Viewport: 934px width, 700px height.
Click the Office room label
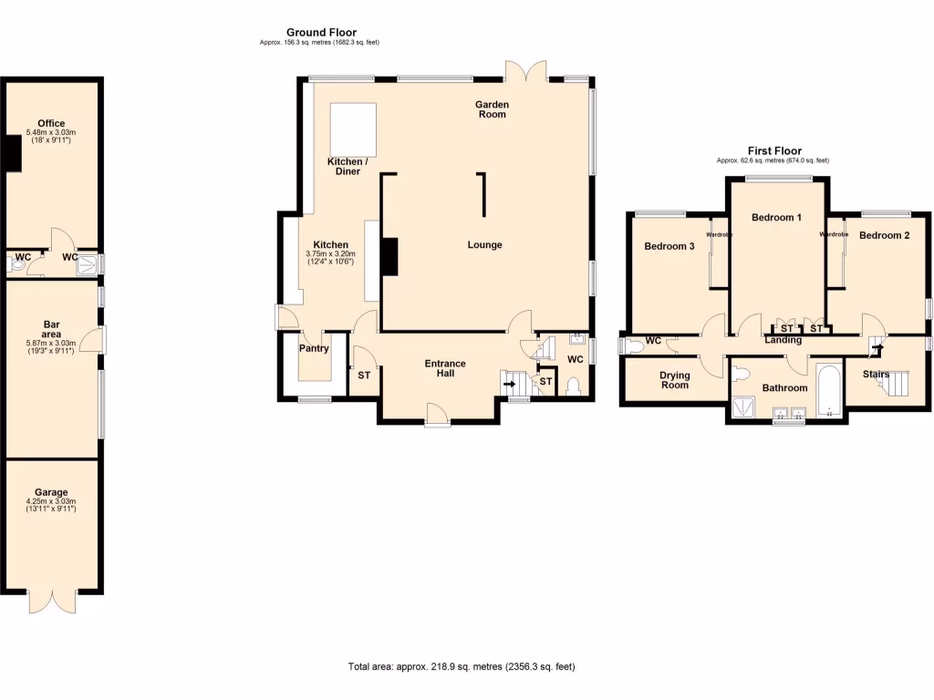pos(51,124)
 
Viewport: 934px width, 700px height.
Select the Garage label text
pos(51,492)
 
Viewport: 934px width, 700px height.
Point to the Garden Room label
pos(492,109)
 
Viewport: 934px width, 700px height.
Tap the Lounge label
pos(484,245)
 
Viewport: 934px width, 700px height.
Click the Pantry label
pos(314,348)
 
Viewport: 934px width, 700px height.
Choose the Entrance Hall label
pos(445,369)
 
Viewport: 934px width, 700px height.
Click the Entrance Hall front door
pos(438,417)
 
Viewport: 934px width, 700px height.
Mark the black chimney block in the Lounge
pos(390,256)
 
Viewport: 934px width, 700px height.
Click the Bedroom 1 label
pos(776,218)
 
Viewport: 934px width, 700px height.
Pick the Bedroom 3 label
pos(669,246)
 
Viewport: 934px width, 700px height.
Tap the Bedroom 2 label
pos(884,236)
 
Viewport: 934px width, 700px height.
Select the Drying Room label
pos(675,380)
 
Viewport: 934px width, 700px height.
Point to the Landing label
pos(783,340)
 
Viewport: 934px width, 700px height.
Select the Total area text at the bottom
pos(462,667)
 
